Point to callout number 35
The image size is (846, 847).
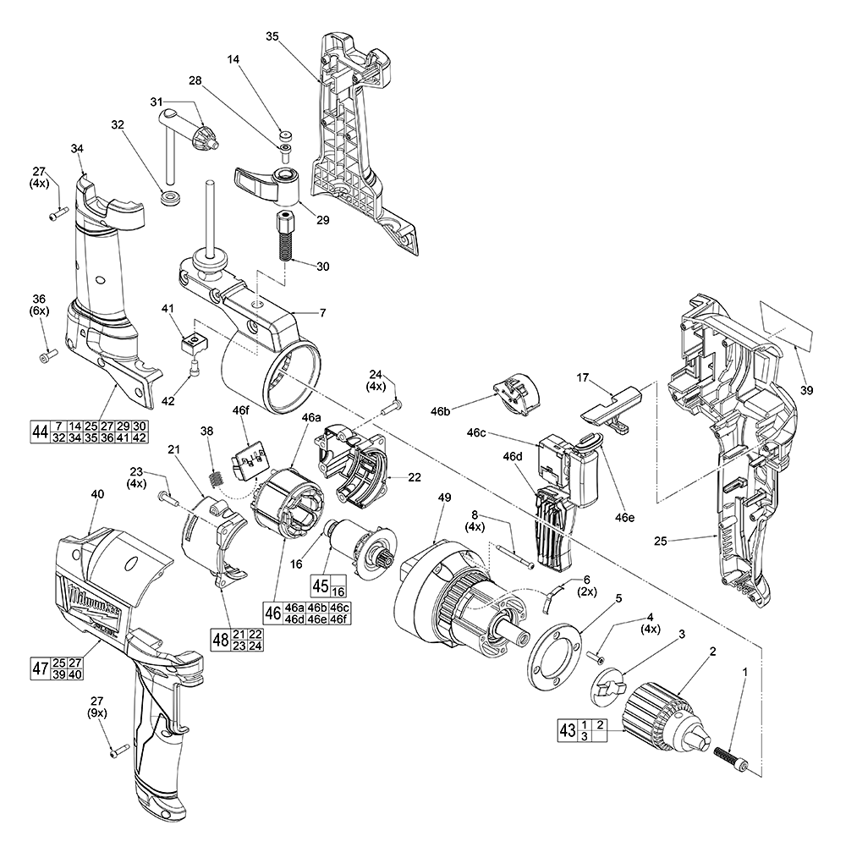pos(272,36)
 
